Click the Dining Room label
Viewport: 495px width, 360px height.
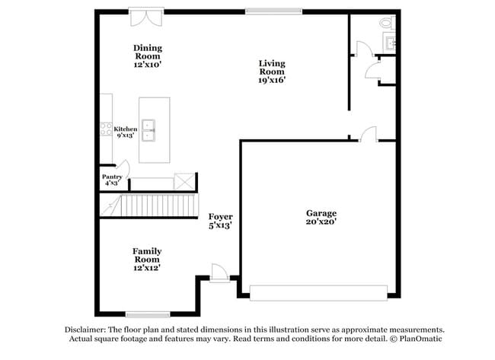[148, 56]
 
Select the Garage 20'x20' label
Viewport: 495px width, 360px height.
[321, 218]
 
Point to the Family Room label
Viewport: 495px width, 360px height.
[147, 259]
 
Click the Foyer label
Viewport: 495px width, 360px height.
[220, 221]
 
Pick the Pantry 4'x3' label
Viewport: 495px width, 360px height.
[112, 180]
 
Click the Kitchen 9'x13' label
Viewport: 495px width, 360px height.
[126, 132]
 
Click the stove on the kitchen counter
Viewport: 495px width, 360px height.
[106, 129]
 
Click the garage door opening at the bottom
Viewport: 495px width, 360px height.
[318, 292]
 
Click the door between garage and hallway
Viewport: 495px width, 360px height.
[368, 135]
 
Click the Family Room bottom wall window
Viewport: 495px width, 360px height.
[147, 314]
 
